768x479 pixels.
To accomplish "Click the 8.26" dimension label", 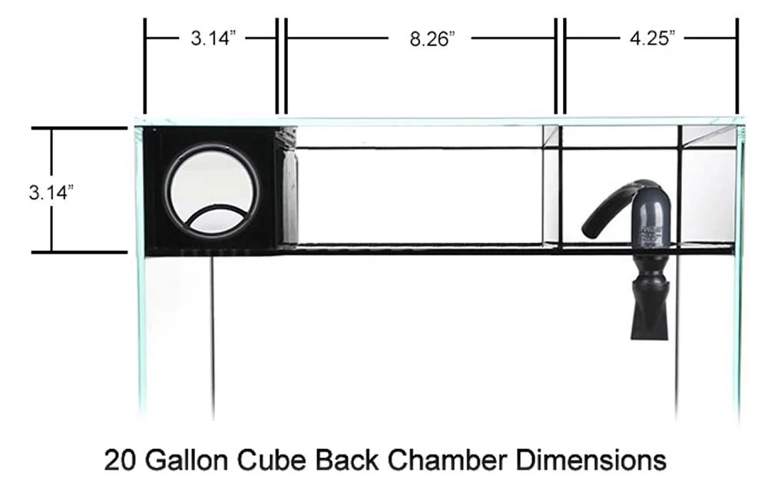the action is pos(432,38).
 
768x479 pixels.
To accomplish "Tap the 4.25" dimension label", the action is pos(652,38).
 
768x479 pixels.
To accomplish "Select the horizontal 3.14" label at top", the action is pos(213,38).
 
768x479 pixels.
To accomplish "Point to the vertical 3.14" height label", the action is pos(51,192).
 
